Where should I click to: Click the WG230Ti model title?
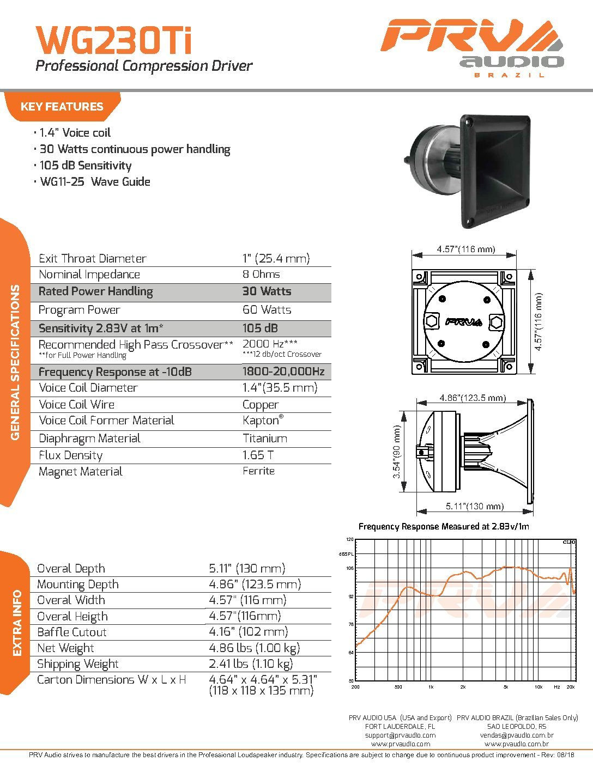pos(113,40)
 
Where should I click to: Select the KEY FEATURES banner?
pos(62,107)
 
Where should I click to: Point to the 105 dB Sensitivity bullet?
pos(85,166)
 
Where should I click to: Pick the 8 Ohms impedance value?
pos(261,275)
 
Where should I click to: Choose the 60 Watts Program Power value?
pos(267,310)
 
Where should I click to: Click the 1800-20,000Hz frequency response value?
pos(283,372)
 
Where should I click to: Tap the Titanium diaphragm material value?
pos(264,439)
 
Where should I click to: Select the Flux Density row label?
pos(70,455)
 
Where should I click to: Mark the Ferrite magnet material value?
pos(258,471)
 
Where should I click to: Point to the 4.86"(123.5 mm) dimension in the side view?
pos(473,398)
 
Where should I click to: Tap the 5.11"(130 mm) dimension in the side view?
pos(475,506)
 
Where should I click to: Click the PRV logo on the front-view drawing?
pos(463,321)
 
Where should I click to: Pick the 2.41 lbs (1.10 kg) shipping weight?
pos(251,664)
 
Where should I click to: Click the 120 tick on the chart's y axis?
pos(350,539)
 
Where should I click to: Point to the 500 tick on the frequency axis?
pos(398,687)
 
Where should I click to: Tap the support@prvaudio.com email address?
pos(400,735)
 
